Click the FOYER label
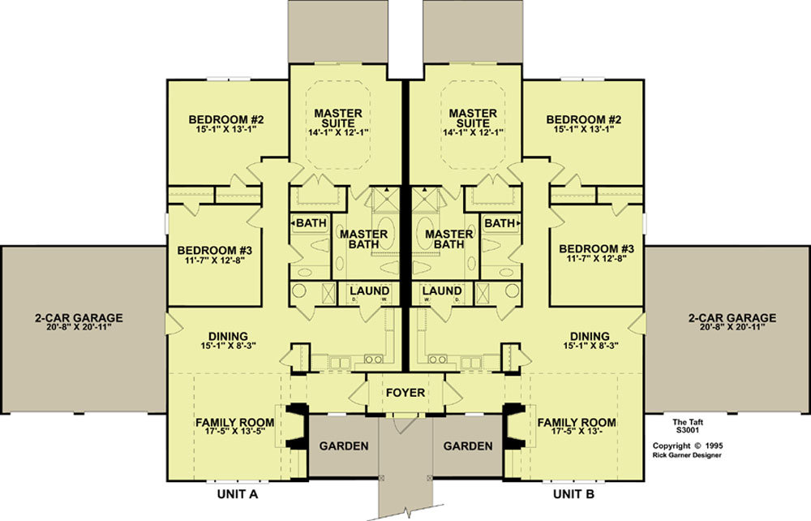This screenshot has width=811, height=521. tap(405, 393)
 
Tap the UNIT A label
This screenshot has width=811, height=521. tap(238, 494)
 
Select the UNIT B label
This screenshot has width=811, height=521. tap(573, 494)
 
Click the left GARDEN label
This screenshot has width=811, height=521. tap(344, 446)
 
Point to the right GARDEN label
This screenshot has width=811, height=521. tap(468, 446)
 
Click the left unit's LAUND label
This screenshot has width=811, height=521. tap(369, 291)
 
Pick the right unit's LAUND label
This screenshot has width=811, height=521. tap(442, 291)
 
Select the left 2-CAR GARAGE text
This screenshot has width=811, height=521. tap(79, 317)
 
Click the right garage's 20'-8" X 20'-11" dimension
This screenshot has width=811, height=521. tap(732, 327)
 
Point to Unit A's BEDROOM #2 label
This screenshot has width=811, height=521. tap(226, 119)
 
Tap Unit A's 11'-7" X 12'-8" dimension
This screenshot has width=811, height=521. tap(215, 260)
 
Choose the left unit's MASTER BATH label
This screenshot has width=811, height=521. tap(363, 239)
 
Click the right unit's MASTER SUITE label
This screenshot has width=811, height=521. tap(473, 118)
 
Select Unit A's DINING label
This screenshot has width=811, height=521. tap(228, 336)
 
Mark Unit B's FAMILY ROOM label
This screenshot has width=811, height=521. tap(577, 423)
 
